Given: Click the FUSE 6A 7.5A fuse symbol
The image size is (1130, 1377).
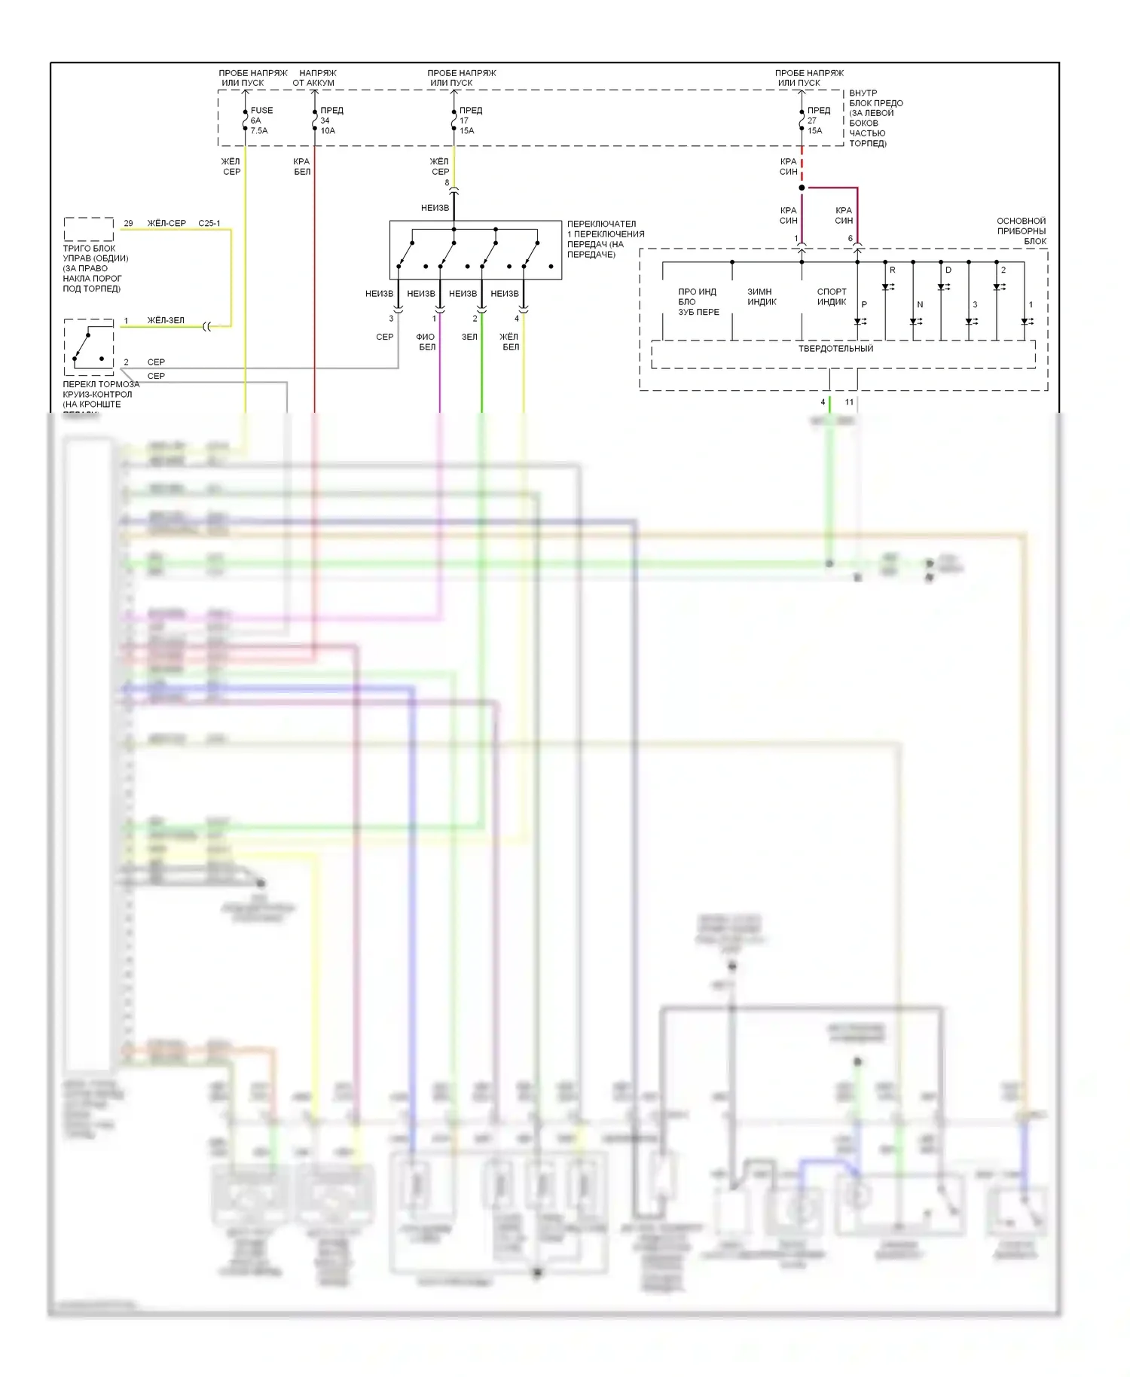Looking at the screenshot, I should click(246, 120).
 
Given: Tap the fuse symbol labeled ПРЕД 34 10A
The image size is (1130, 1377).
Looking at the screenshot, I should click(315, 120).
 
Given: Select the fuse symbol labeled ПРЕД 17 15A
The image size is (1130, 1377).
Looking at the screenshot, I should click(454, 120).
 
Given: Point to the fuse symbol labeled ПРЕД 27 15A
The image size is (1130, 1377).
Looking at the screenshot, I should click(802, 120).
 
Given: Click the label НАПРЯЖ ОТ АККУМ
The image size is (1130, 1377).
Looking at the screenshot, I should click(314, 78).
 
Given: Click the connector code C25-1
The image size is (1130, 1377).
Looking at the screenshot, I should click(209, 223).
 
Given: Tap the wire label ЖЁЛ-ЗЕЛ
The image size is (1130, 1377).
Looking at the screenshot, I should click(166, 320).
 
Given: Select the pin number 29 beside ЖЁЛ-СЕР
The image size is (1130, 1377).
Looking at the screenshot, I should click(128, 223).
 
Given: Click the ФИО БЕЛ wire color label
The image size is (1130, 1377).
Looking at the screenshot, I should click(426, 342).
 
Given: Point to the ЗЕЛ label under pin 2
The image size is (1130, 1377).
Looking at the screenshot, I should click(469, 337).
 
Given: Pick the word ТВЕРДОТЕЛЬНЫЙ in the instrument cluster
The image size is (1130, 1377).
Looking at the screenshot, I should click(835, 349).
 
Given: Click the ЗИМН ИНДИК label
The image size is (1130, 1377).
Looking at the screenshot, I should click(762, 297).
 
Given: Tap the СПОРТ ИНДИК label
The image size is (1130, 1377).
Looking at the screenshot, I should click(832, 297).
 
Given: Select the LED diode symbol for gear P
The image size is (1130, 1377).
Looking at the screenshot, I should click(858, 322).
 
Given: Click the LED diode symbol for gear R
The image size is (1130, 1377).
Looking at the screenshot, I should click(887, 287).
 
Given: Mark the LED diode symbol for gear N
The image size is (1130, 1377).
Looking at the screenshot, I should click(914, 322).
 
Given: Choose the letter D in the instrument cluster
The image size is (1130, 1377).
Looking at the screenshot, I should click(948, 270).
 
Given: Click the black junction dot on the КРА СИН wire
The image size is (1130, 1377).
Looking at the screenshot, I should click(802, 188).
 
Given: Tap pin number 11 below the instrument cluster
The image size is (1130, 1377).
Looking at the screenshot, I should click(849, 402).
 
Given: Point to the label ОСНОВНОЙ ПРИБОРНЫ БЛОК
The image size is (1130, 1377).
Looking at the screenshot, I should click(1021, 231).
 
